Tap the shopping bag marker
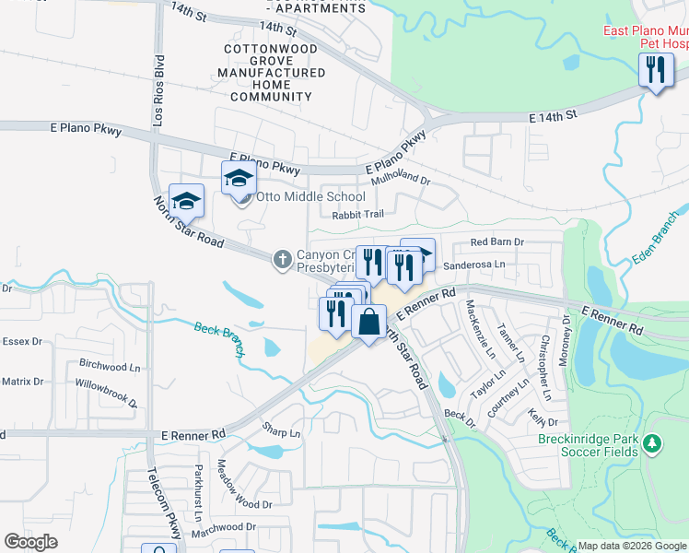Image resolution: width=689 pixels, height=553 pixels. pyautogui.click(x=368, y=323)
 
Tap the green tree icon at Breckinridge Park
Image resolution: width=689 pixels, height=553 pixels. pyautogui.click(x=653, y=445)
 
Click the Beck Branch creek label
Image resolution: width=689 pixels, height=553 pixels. pyautogui.click(x=218, y=329)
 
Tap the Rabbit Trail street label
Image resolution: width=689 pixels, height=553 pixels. pyautogui.click(x=357, y=215)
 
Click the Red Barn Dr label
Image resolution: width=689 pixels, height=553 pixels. pyautogui.click(x=496, y=242)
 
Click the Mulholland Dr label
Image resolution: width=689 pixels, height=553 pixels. pyautogui.click(x=401, y=181)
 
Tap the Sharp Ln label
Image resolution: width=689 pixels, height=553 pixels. pyautogui.click(x=282, y=432)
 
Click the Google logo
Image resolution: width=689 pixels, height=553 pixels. pyautogui.click(x=30, y=542)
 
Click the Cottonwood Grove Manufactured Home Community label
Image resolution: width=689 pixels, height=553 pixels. pyautogui.click(x=271, y=72)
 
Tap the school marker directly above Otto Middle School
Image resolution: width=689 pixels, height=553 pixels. pyautogui.click(x=238, y=176)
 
